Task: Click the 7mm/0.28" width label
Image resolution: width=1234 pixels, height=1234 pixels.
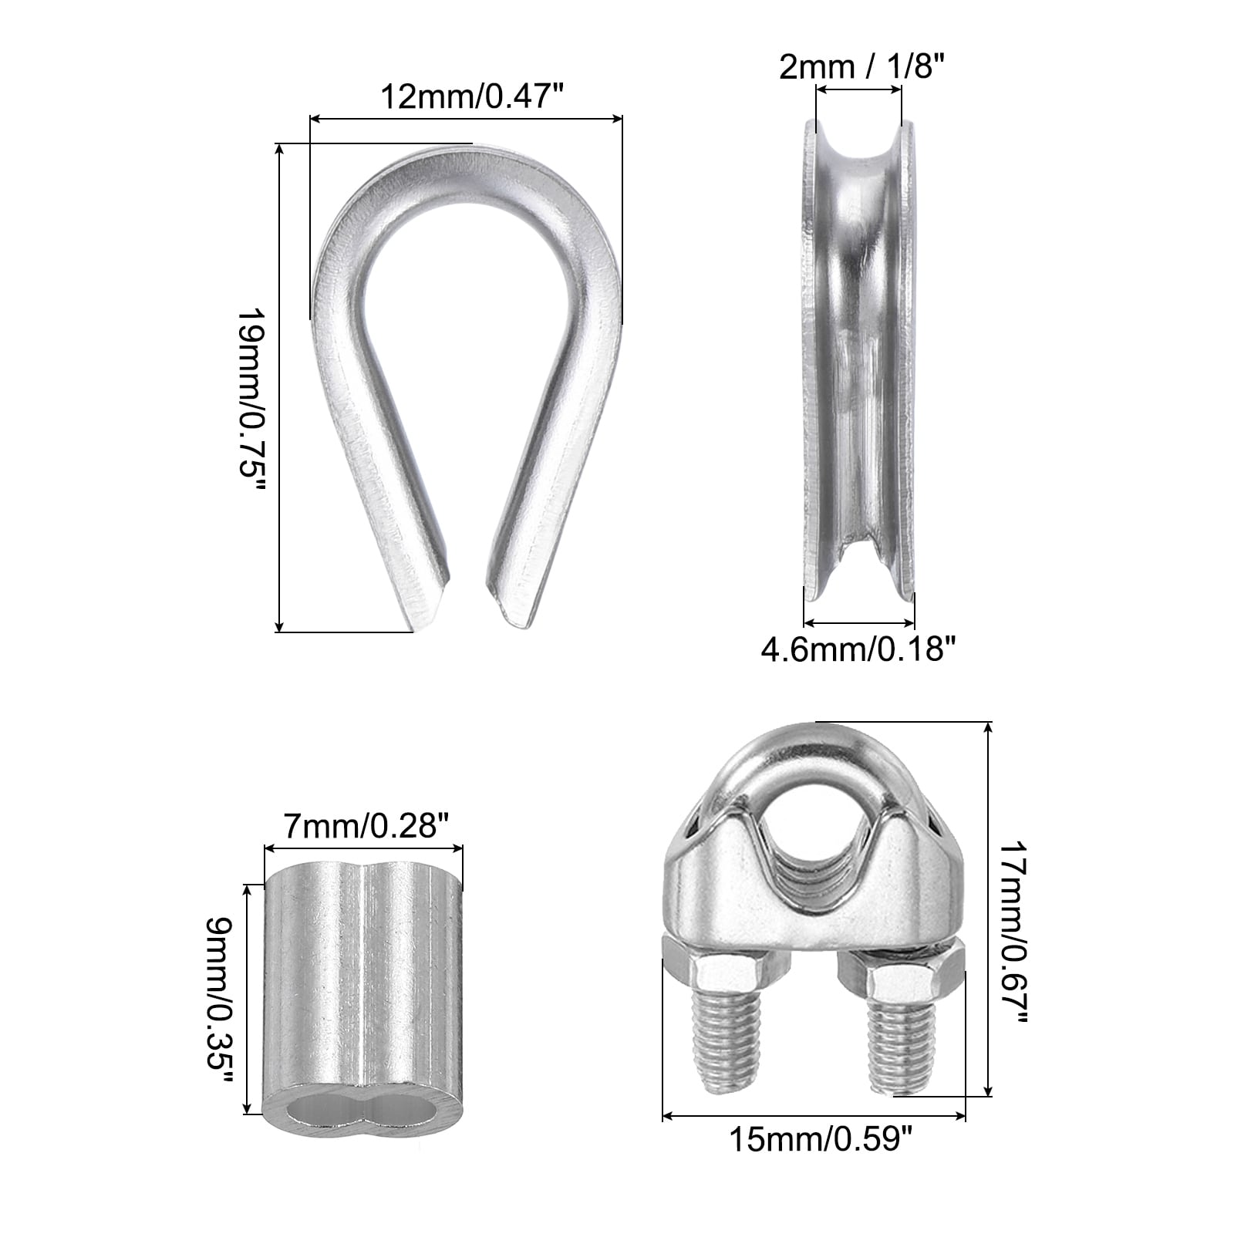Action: (365, 827)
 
